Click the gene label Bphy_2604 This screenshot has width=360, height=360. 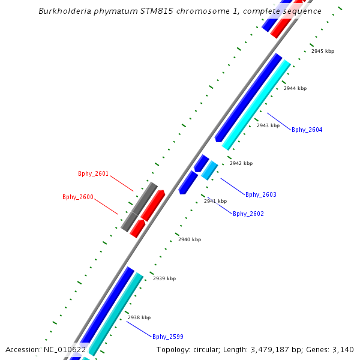pyautogui.click(x=307, y=130)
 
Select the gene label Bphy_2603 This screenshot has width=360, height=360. pyautogui.click(x=260, y=194)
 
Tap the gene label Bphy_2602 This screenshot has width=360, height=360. pyautogui.click(x=248, y=214)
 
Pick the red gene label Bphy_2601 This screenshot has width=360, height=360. pyautogui.click(x=93, y=174)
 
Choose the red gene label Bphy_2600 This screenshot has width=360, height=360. pyautogui.click(x=77, y=197)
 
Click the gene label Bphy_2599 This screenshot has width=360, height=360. pyautogui.click(x=167, y=337)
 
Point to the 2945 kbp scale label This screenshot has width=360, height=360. pyautogui.click(x=322, y=51)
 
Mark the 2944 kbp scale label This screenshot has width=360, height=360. pyautogui.click(x=295, y=88)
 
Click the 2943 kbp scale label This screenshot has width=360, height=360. pyautogui.click(x=268, y=125)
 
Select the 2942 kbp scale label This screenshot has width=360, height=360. pyautogui.click(x=241, y=163)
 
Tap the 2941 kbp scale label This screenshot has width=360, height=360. pyautogui.click(x=215, y=201)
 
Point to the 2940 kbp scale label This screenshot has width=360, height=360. pyautogui.click(x=189, y=239)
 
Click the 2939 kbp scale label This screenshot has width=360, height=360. pyautogui.click(x=164, y=278)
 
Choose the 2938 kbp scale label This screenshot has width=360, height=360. pyautogui.click(x=139, y=317)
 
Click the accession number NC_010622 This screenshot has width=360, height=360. pyautogui.click(x=65, y=350)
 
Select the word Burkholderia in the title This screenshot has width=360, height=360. pyautogui.click(x=63, y=11)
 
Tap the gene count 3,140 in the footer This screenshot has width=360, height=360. pyautogui.click(x=341, y=350)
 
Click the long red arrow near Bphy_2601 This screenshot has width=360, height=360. pyautogui.click(x=152, y=205)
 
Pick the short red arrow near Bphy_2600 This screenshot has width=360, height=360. pyautogui.click(x=137, y=229)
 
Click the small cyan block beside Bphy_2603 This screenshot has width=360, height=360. pyautogui.click(x=209, y=170)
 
